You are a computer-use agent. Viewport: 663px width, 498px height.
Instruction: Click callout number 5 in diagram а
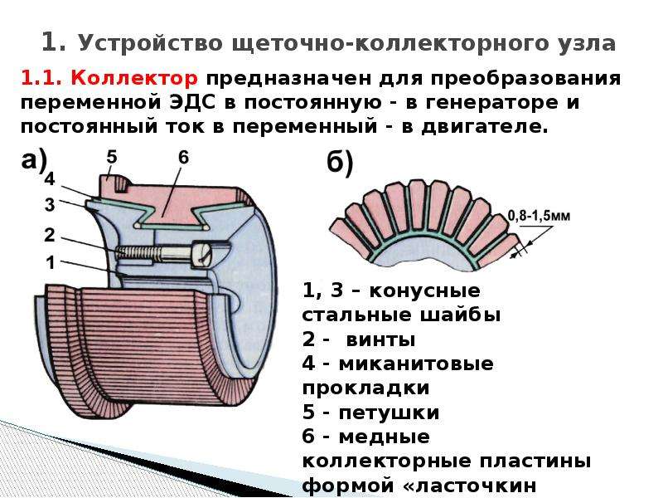pos(111,157)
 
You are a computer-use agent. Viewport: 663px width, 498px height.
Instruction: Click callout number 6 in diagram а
pos(183,157)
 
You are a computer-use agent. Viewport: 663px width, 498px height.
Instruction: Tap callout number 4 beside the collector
pos(50,179)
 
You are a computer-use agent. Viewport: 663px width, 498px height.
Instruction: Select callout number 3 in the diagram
pos(50,205)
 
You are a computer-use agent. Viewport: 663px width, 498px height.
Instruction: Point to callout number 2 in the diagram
pos(50,235)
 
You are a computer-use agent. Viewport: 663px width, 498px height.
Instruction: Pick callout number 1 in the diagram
pos(51,262)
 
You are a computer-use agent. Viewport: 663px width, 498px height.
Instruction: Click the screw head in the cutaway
pos(201,254)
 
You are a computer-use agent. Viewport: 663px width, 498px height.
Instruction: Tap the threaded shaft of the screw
pos(154,253)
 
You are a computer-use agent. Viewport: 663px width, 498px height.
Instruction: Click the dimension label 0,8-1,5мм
pos(539,217)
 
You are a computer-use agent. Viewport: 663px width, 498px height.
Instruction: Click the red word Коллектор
pos(134,78)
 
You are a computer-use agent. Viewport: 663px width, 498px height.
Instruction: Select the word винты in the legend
pos(380,340)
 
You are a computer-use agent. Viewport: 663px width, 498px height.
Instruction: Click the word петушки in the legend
pos(389,413)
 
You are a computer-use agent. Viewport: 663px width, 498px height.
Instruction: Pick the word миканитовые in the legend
pos(416,364)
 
